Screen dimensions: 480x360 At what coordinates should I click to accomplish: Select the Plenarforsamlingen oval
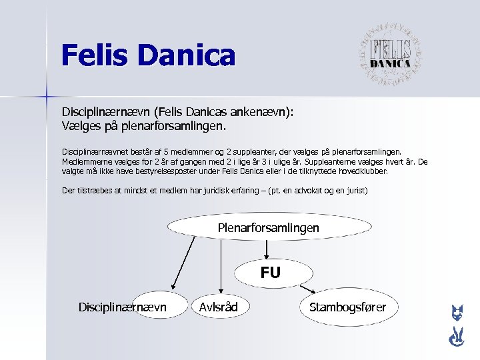[x=268, y=228]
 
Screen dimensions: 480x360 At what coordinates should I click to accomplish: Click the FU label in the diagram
[x=270, y=272]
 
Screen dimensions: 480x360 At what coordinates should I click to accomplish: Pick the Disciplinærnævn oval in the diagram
[x=123, y=307]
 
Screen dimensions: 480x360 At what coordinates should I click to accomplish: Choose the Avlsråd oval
[x=218, y=307]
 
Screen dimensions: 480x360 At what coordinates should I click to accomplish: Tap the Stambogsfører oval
[x=347, y=307]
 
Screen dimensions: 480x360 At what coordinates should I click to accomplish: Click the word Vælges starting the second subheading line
[x=81, y=125]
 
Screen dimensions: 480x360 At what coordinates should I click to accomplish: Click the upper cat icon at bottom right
[x=457, y=313]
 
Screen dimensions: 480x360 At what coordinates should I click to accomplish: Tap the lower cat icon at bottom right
[x=457, y=339]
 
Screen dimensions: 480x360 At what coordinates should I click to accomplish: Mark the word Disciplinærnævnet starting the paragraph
[x=96, y=152]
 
